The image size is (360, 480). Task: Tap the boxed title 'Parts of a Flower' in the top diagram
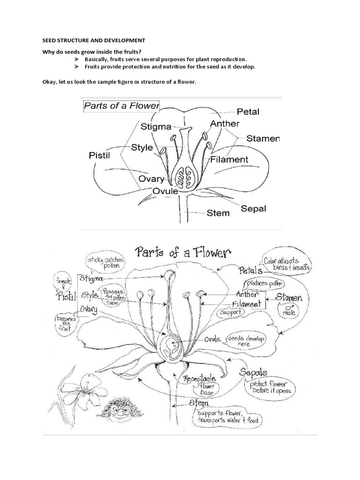click(x=121, y=105)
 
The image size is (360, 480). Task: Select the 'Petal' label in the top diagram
click(x=248, y=112)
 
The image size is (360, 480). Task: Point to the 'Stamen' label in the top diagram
click(x=263, y=139)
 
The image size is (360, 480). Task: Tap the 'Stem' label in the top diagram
click(x=218, y=213)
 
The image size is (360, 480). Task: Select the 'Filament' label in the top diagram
click(x=229, y=159)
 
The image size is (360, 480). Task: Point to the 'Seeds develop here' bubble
click(x=244, y=341)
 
